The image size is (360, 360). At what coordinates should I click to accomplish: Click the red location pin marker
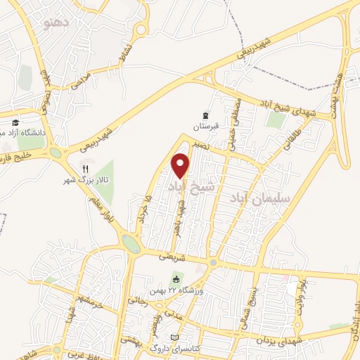(181, 165)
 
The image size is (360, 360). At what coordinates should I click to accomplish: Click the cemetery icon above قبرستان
(205, 115)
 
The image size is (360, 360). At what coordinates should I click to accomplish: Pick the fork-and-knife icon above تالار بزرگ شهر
(85, 169)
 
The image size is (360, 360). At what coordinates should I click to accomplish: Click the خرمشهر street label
(91, 304)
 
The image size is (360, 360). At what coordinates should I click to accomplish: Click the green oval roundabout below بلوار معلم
(131, 243)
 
